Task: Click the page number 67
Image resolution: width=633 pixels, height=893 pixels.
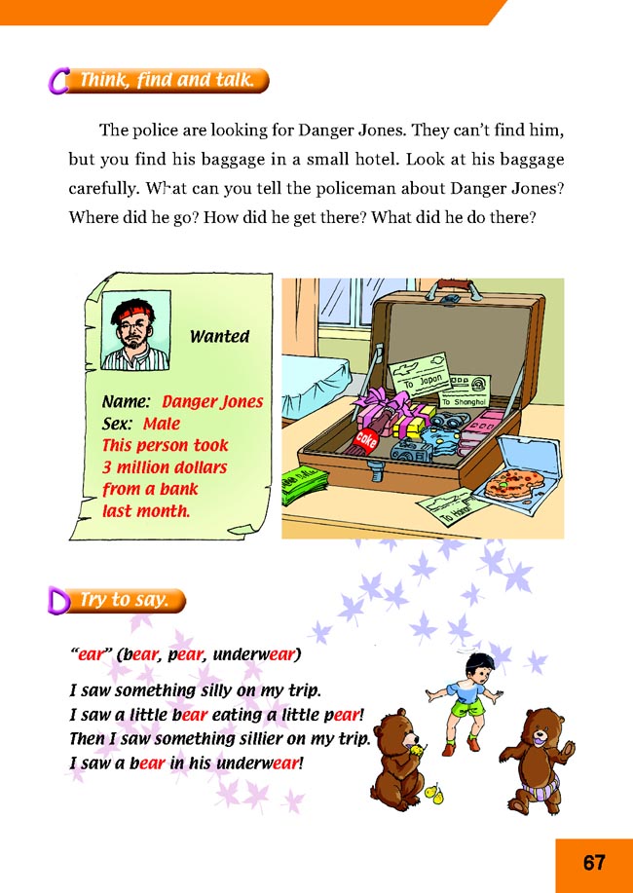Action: coord(594,862)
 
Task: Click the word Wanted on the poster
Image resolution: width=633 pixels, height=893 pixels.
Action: coord(219,337)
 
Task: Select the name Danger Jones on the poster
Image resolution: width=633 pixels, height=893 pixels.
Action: coord(212,401)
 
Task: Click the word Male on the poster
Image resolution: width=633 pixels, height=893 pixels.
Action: coord(163,424)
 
